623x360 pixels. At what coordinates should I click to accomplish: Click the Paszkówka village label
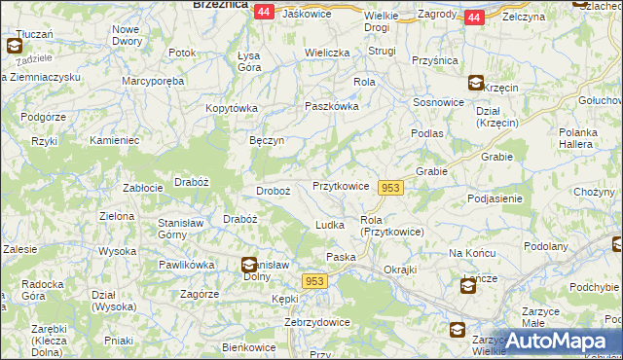pos(332,107)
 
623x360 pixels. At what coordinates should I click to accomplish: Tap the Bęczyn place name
pos(266,140)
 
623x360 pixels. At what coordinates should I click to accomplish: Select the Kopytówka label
pos(230,107)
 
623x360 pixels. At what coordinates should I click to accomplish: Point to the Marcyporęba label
pos(154,82)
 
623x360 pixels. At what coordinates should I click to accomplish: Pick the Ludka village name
pos(330,225)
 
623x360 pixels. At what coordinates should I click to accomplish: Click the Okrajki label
pos(400,270)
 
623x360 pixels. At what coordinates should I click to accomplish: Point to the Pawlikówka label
pos(186,264)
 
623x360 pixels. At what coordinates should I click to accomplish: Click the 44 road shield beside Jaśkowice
pos(264,12)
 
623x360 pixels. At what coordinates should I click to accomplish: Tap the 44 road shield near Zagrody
pos(473,18)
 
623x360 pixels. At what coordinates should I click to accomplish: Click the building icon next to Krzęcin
pos(475,84)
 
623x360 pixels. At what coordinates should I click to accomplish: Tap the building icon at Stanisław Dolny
pos(249,264)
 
